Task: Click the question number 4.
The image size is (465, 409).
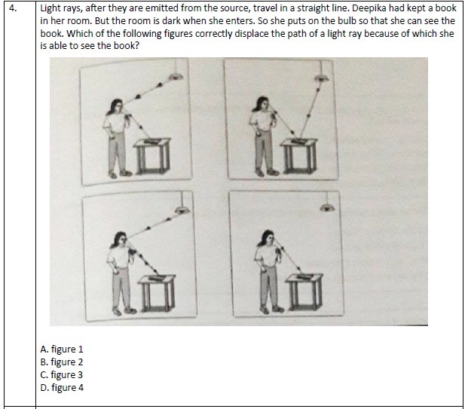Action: tap(13, 8)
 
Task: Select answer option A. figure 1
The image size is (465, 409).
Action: tap(62, 349)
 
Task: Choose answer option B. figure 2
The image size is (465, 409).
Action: tap(62, 362)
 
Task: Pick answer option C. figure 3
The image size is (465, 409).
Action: tap(61, 374)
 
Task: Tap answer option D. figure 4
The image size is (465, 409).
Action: tap(62, 387)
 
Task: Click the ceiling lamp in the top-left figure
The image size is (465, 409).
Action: tap(176, 77)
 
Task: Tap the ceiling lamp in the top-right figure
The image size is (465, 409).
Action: tap(321, 78)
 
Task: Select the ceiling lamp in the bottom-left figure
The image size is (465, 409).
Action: tap(182, 210)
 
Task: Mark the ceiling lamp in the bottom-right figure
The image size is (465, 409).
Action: tap(327, 207)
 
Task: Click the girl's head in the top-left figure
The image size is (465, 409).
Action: tap(117, 105)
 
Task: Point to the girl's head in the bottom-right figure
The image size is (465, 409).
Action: tap(268, 237)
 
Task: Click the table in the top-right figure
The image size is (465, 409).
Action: tap(298, 156)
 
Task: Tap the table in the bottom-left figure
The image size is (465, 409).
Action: tap(158, 293)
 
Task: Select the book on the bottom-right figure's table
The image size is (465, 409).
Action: tap(304, 276)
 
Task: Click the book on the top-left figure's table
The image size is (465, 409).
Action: tap(152, 141)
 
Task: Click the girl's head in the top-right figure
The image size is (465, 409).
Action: tap(262, 103)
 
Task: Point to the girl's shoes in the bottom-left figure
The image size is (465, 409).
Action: tap(124, 311)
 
